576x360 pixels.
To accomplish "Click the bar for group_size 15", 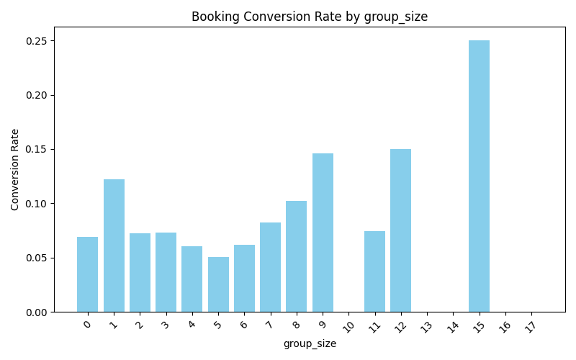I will pyautogui.click(x=479, y=176).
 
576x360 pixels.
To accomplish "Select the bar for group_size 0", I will pyautogui.click(x=87, y=274).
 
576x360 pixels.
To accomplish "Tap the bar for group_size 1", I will pyautogui.click(x=114, y=246).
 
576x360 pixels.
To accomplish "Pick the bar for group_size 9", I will pyautogui.click(x=323, y=233).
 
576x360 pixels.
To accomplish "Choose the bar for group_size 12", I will pyautogui.click(x=400, y=230).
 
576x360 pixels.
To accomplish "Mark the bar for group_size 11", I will pyautogui.click(x=374, y=271).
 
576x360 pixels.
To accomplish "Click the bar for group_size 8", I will pyautogui.click(x=296, y=256).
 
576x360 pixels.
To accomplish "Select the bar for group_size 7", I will pyautogui.click(x=270, y=267).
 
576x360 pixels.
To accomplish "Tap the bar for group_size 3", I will pyautogui.click(x=166, y=272).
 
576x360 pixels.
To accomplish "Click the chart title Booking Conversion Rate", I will pyautogui.click(x=310, y=17).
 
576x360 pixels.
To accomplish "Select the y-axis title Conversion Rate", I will pyautogui.click(x=15, y=169).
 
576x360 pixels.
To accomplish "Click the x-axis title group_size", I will pyautogui.click(x=310, y=344).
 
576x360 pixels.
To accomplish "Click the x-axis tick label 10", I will pyautogui.click(x=348, y=326).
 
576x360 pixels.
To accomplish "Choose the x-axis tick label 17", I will pyautogui.click(x=531, y=326).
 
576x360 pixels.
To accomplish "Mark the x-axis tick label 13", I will pyautogui.click(x=426, y=326).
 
